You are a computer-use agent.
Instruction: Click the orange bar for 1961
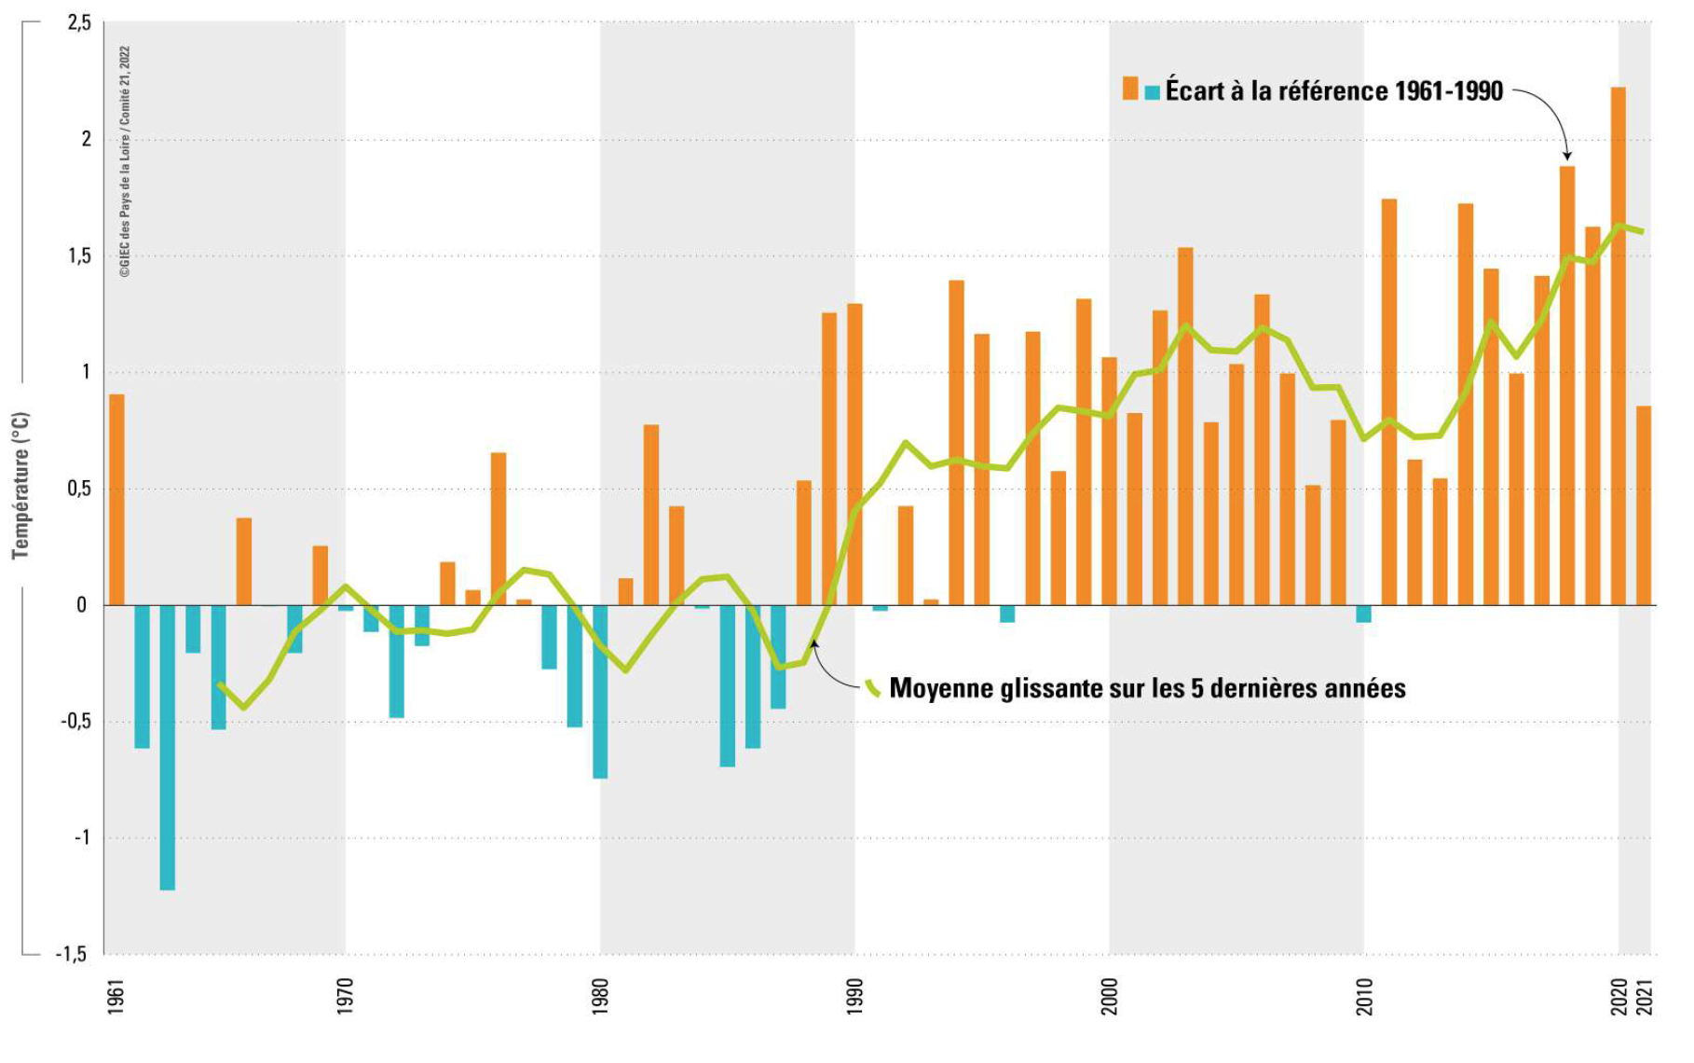(116, 500)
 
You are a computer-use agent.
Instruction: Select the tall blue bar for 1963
(168, 747)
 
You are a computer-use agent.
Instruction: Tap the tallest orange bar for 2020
(1619, 346)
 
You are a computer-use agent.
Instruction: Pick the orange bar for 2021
(1644, 505)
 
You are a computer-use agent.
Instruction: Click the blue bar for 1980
(600, 691)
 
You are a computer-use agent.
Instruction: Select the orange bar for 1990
(854, 454)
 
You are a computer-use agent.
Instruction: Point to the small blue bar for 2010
(1363, 614)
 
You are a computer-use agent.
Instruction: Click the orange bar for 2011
(1389, 402)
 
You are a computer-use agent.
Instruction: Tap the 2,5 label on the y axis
(79, 23)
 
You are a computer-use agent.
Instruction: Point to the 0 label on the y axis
(82, 605)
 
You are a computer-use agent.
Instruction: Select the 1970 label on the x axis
(346, 996)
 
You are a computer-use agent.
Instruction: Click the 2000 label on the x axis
(1110, 996)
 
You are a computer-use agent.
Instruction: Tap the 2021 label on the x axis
(1646, 996)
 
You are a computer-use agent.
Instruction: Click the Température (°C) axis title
(20, 485)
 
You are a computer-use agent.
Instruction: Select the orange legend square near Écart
(1130, 89)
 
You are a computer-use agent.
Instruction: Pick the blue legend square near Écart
(1153, 92)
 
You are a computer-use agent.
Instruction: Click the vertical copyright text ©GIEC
(125, 162)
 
